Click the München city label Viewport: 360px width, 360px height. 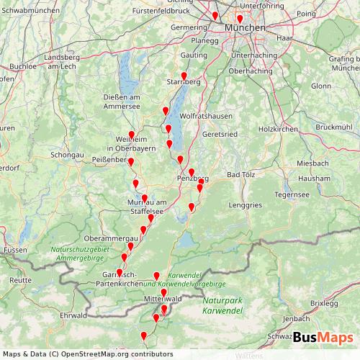(246, 27)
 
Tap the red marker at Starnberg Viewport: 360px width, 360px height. (184, 76)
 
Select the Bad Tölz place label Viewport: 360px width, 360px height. (241, 175)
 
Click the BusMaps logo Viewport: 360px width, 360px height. (323, 338)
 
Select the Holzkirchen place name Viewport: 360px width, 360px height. (277, 129)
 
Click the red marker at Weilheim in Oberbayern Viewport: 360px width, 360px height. (132, 135)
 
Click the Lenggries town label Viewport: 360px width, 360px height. (245, 204)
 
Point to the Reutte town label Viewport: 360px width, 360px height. (19, 279)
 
